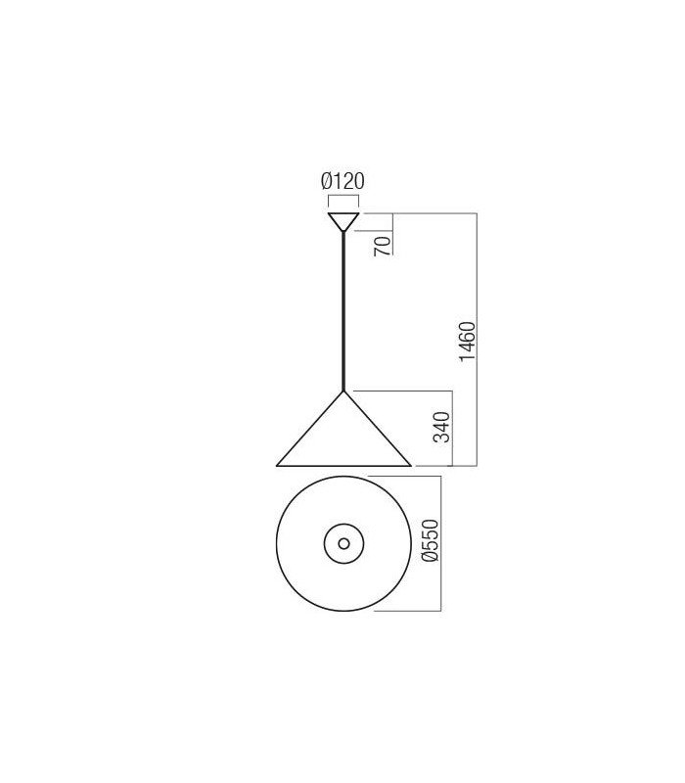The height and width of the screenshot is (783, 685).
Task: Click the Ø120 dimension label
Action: pyautogui.click(x=342, y=181)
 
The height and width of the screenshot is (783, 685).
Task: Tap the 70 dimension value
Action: pyautogui.click(x=383, y=247)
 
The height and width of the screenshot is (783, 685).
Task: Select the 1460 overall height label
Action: pyautogui.click(x=468, y=342)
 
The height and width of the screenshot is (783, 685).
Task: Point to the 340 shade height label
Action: pyautogui.click(x=441, y=427)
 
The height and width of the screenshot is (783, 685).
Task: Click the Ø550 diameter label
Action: pyautogui.click(x=430, y=541)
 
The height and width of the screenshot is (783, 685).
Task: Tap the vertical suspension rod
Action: pyautogui.click(x=343, y=310)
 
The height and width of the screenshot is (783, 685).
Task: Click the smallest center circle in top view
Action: pyautogui.click(x=344, y=544)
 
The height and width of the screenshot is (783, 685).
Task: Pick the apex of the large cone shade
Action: pyautogui.click(x=343, y=391)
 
